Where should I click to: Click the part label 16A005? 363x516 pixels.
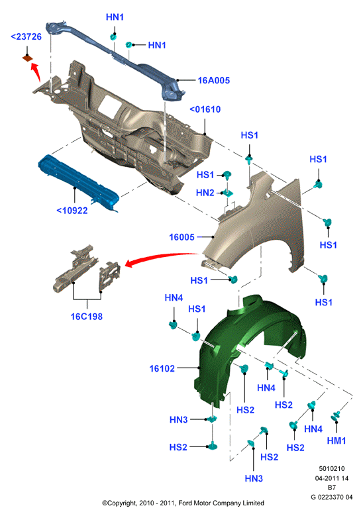pos(213,80)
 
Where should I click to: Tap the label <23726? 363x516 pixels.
pos(26,36)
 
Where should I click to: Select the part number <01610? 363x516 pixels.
pos(205,109)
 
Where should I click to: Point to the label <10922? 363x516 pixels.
pos(72,210)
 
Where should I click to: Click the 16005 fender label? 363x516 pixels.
pos(181,237)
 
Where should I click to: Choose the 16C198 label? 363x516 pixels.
pos(87,317)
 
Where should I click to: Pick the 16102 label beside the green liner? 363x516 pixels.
pos(162,368)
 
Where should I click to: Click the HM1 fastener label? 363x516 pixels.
pos(337,440)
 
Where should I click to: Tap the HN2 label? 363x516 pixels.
pos(205,193)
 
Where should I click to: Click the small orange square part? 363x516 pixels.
pos(27,58)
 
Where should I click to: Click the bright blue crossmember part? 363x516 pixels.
pos(79,183)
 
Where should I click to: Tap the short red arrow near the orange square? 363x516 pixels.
pos(36,72)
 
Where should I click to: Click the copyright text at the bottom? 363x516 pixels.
pos(183,503)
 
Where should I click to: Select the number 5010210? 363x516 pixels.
pos(332,468)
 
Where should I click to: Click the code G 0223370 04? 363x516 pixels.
pos(332,497)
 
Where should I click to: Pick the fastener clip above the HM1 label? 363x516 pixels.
pos(336,416)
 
